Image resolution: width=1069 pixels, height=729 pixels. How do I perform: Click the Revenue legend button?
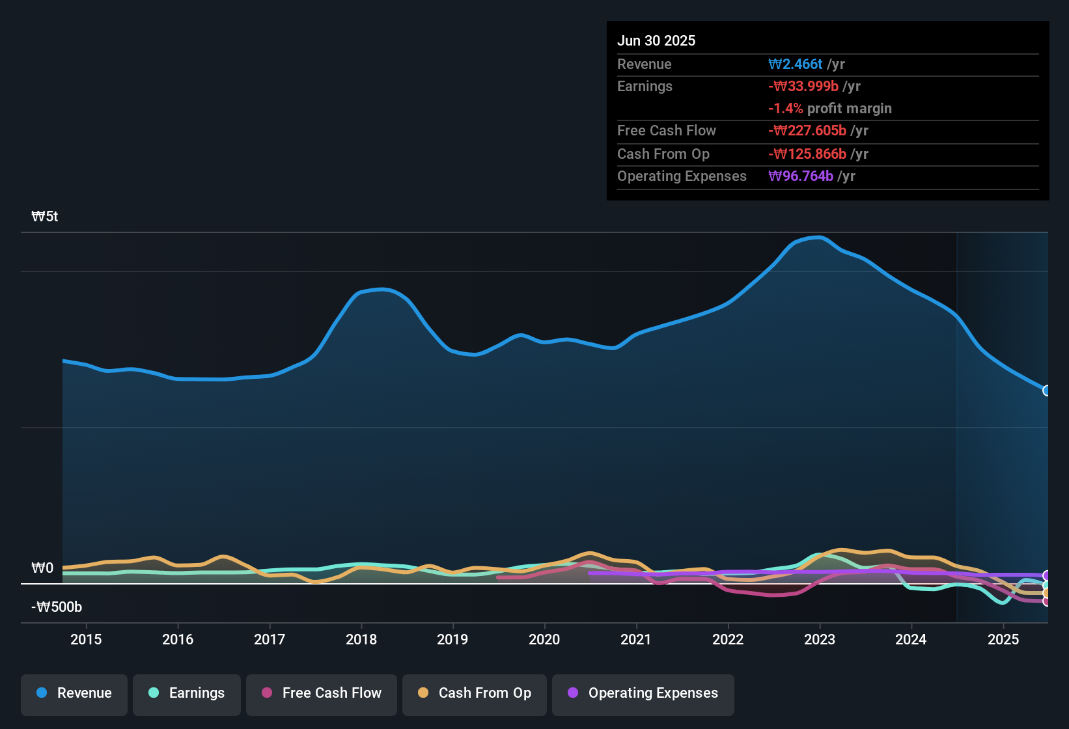pyautogui.click(x=74, y=693)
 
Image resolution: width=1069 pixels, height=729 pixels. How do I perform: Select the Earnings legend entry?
pyautogui.click(x=187, y=693)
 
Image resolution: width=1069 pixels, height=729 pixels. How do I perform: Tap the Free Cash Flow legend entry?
pyautogui.click(x=322, y=693)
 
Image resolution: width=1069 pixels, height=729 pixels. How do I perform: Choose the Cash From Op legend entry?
pyautogui.click(x=475, y=693)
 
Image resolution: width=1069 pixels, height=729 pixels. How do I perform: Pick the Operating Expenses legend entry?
pyautogui.click(x=643, y=693)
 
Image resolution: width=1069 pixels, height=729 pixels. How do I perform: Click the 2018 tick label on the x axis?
pyautogui.click(x=361, y=640)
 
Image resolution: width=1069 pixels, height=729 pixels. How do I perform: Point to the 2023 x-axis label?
pyautogui.click(x=820, y=640)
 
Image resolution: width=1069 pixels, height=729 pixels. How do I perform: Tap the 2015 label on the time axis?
pyautogui.click(x=86, y=640)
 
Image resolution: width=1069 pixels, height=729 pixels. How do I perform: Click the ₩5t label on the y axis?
pyautogui.click(x=45, y=217)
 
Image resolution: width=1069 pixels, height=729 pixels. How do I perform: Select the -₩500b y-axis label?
pyautogui.click(x=57, y=607)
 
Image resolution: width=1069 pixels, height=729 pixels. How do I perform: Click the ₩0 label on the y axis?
pyautogui.click(x=42, y=568)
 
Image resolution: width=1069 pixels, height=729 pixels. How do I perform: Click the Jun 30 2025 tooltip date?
pyautogui.click(x=656, y=41)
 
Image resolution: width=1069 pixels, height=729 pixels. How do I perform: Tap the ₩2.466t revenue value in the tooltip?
pyautogui.click(x=796, y=64)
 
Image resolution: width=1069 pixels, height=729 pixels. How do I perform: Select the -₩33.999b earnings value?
pyautogui.click(x=803, y=87)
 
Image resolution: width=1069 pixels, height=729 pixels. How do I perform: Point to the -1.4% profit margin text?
pyautogui.click(x=830, y=109)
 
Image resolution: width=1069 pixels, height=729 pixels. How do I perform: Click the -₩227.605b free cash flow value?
pyautogui.click(x=807, y=131)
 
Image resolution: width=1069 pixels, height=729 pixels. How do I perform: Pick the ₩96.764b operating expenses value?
pyautogui.click(x=801, y=176)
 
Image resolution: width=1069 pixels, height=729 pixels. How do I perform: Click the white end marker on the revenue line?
pyautogui.click(x=1046, y=391)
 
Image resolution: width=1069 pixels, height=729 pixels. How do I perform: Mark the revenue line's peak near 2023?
pyautogui.click(x=818, y=238)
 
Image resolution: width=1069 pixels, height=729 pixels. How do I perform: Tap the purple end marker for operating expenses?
pyautogui.click(x=1046, y=575)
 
